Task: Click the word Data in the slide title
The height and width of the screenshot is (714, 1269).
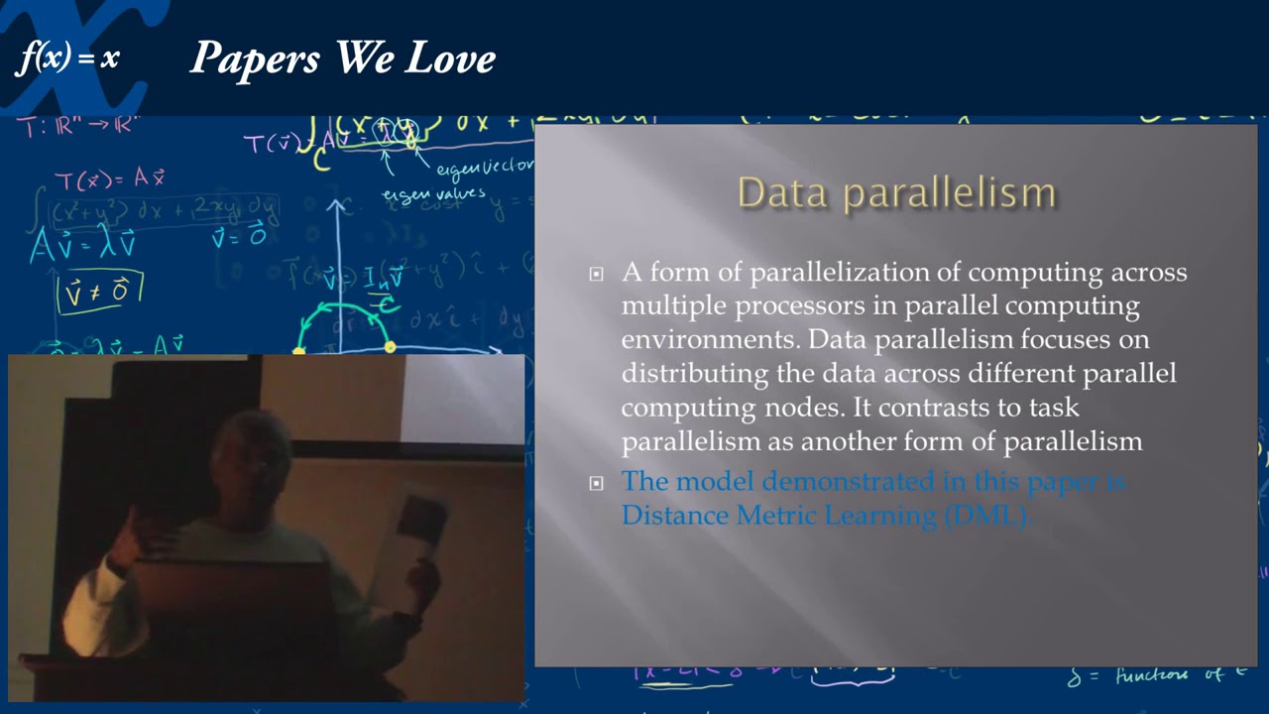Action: point(784,192)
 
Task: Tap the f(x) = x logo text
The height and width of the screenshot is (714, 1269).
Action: point(67,59)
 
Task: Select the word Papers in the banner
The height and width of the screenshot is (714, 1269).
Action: point(257,59)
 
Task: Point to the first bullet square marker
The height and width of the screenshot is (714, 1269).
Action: point(596,274)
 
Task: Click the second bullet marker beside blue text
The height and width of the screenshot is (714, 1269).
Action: point(596,484)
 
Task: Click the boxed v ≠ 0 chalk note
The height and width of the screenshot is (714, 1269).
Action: point(100,292)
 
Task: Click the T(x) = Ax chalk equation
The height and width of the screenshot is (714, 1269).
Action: point(109,179)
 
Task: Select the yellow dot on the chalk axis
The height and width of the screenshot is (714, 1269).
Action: point(390,347)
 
